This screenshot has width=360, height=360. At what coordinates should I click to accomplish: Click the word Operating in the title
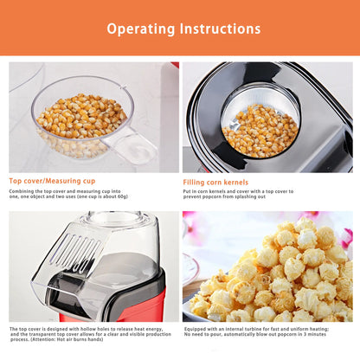tap(141, 29)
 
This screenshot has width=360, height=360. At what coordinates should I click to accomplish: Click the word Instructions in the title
tap(220, 29)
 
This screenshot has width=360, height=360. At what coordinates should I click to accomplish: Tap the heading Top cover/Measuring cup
tap(52, 181)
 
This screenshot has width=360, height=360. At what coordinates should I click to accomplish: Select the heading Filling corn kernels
tap(215, 183)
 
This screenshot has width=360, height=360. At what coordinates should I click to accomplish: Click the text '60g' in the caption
tap(121, 196)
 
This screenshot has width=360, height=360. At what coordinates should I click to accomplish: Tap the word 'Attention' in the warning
tap(44, 339)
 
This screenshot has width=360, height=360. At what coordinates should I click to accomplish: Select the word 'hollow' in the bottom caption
tap(88, 329)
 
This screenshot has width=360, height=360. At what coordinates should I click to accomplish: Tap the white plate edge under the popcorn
tap(193, 313)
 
